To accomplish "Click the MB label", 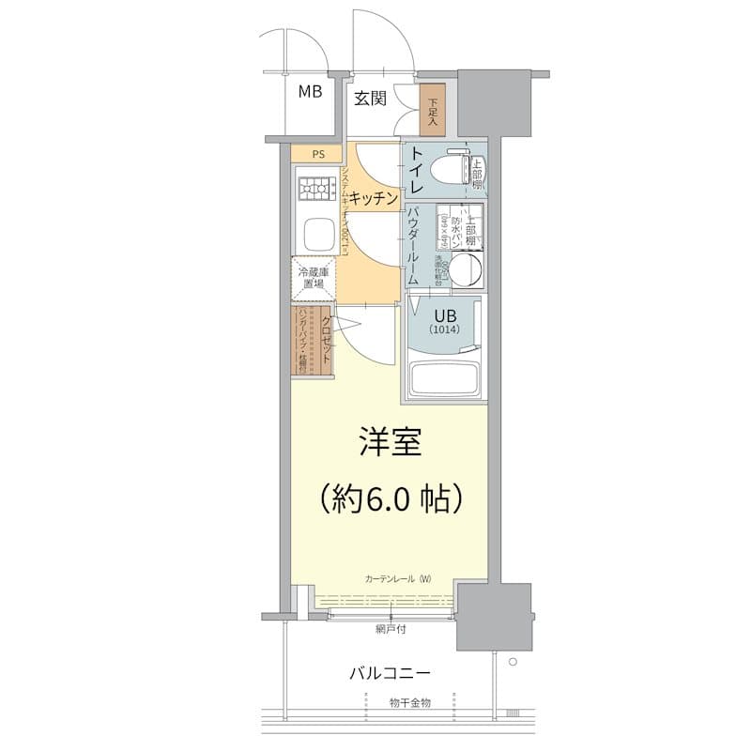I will pos(311,92).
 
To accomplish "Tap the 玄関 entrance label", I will pos(371,98).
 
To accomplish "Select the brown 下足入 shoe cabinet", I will pos(433,111).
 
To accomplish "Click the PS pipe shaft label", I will pos(319,154).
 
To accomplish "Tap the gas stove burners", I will pos(315,190).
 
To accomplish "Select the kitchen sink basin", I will pos(315,232).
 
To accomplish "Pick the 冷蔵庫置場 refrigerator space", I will pos(313,277).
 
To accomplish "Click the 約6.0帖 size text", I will pos(389,497).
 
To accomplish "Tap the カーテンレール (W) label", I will pos(398,577).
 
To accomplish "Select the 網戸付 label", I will pos(389,629).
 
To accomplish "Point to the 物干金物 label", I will pos(409,702).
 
